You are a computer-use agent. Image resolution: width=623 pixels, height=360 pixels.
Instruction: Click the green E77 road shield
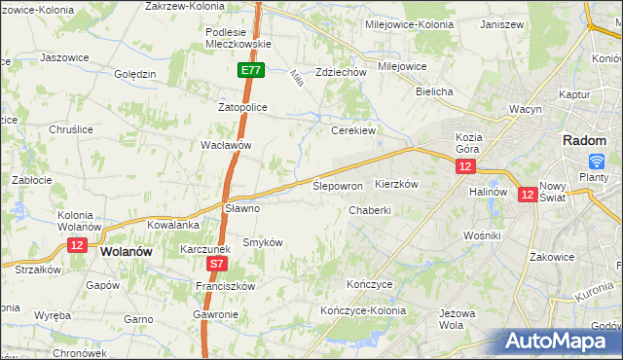click(x=251, y=70)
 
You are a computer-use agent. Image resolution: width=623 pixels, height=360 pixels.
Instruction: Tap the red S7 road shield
click(x=217, y=263)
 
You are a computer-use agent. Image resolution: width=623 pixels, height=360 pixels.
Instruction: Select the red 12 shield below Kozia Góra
click(x=465, y=167)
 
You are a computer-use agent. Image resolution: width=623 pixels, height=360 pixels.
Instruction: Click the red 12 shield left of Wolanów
click(x=77, y=244)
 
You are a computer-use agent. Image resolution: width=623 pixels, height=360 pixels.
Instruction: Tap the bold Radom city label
click(x=585, y=140)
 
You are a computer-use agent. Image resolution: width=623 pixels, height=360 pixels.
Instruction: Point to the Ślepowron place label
click(x=338, y=185)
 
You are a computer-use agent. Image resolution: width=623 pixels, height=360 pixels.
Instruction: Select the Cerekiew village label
click(x=353, y=129)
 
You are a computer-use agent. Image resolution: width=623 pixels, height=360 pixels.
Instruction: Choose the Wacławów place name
click(x=226, y=145)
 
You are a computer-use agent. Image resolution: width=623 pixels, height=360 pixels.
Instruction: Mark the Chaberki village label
click(x=370, y=209)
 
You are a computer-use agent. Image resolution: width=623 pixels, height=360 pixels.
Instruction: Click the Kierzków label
click(x=396, y=184)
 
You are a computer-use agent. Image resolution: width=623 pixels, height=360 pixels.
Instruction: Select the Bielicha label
click(x=434, y=91)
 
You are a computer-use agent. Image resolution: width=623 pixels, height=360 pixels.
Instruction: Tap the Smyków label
click(x=262, y=241)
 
